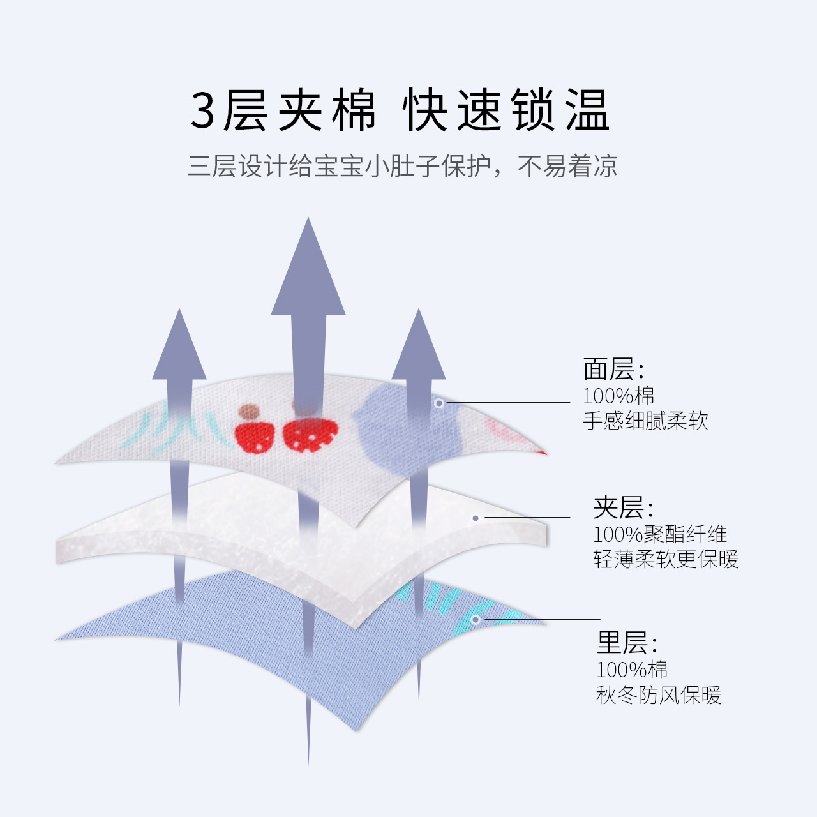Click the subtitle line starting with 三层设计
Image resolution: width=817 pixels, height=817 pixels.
click(402, 166)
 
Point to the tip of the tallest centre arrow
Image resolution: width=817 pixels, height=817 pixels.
click(308, 220)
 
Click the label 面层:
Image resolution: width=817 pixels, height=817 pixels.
click(613, 370)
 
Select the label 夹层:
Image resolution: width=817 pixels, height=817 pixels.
click(623, 508)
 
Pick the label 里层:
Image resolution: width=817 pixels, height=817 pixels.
click(626, 643)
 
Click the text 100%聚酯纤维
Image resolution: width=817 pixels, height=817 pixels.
click(660, 534)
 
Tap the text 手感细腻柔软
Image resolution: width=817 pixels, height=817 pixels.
click(645, 421)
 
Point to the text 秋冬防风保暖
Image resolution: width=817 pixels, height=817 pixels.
click(658, 694)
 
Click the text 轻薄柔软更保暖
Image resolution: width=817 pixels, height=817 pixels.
click(666, 559)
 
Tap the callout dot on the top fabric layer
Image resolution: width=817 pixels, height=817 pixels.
click(439, 403)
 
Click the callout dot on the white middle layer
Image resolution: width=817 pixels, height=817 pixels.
click(476, 518)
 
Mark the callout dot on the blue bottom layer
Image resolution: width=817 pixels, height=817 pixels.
click(475, 620)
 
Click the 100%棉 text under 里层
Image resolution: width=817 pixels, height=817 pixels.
click(631, 670)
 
